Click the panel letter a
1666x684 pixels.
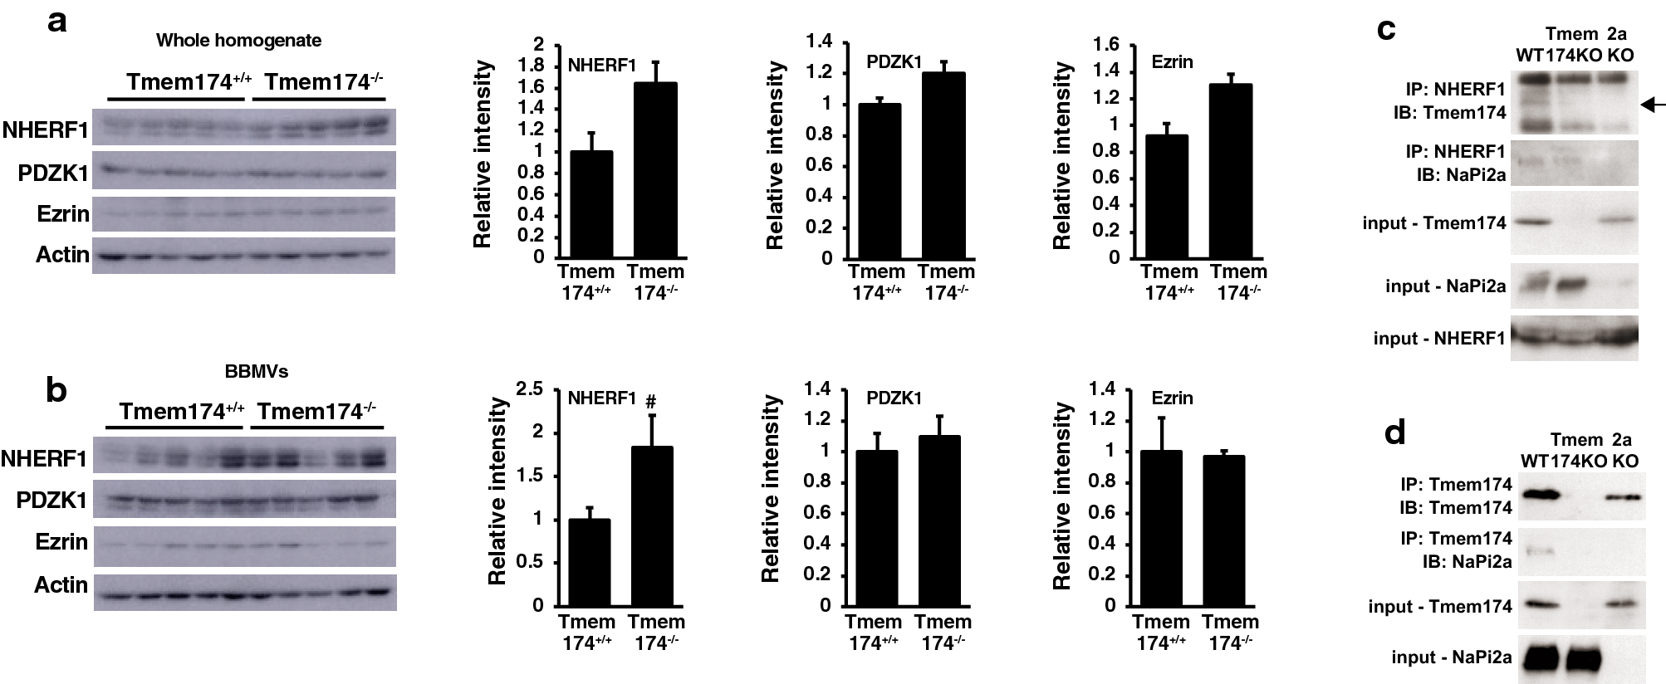pyautogui.click(x=56, y=22)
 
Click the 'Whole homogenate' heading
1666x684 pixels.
pyautogui.click(x=238, y=40)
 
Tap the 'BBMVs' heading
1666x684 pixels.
pyautogui.click(x=257, y=371)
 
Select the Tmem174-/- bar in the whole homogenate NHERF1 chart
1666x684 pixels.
pyautogui.click(x=655, y=169)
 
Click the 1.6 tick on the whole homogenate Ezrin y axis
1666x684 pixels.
pyautogui.click(x=1108, y=45)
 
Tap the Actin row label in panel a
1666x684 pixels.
pyautogui.click(x=61, y=254)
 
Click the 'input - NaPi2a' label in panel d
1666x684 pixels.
pyautogui.click(x=1451, y=658)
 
